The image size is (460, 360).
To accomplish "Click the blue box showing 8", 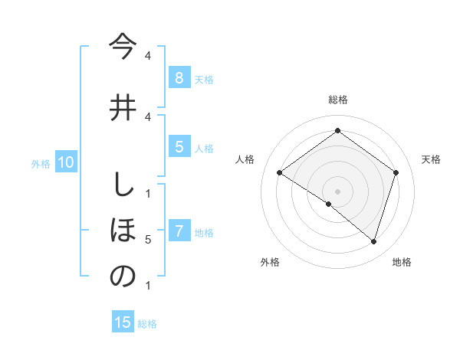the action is click(x=179, y=77).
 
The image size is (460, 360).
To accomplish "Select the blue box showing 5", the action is click(x=179, y=147).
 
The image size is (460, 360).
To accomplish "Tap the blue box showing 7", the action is click(x=179, y=231).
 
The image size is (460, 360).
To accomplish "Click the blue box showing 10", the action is click(x=65, y=162).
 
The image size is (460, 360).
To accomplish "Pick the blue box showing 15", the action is click(x=123, y=322).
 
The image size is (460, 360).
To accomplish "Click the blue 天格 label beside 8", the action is click(x=204, y=79).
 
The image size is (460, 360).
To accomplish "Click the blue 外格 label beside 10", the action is click(x=41, y=163).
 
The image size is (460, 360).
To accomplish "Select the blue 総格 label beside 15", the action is click(x=147, y=324).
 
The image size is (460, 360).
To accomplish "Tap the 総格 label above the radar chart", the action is click(x=337, y=100).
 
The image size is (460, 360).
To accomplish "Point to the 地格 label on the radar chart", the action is click(x=402, y=262).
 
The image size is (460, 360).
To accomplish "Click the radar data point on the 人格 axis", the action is click(x=279, y=173).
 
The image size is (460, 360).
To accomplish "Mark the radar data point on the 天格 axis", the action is click(x=396, y=173).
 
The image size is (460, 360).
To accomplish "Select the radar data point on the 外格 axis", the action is click(x=329, y=204).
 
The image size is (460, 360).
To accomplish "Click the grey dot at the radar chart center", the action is click(x=337, y=191).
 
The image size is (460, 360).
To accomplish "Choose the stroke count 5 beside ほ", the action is click(x=148, y=240).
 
